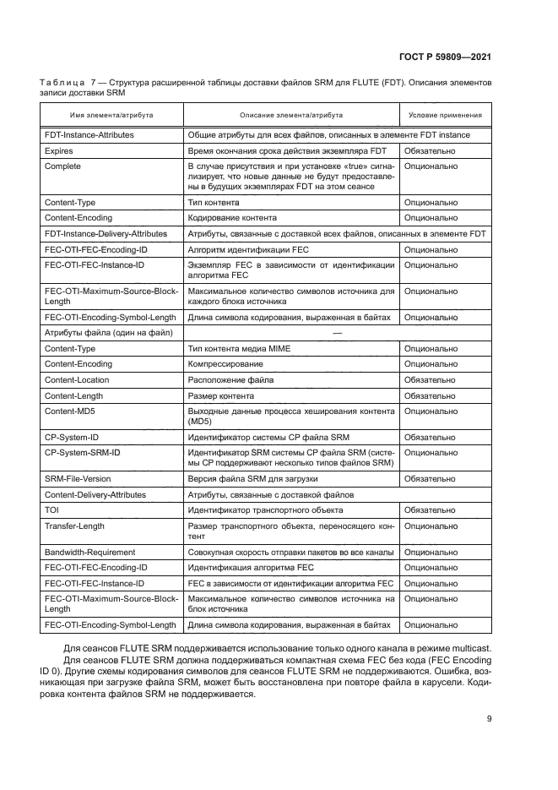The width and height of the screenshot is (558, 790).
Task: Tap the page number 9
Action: (x=490, y=718)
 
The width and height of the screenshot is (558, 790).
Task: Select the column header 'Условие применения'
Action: (x=445, y=115)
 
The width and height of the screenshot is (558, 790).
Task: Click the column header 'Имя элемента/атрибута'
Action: (x=111, y=115)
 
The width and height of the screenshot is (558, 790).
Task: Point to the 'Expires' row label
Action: (x=59, y=150)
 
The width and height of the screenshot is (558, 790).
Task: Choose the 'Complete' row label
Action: (x=62, y=166)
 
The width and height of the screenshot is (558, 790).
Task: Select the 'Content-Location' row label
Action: (x=77, y=380)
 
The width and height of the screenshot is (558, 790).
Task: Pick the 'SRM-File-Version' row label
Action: (x=79, y=478)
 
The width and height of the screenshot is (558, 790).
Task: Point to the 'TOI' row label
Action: (x=52, y=510)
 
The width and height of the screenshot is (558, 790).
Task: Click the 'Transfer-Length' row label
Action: (x=74, y=526)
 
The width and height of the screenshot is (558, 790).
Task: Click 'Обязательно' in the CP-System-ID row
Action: (x=431, y=437)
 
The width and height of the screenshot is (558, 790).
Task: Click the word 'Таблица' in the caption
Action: (x=62, y=83)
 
